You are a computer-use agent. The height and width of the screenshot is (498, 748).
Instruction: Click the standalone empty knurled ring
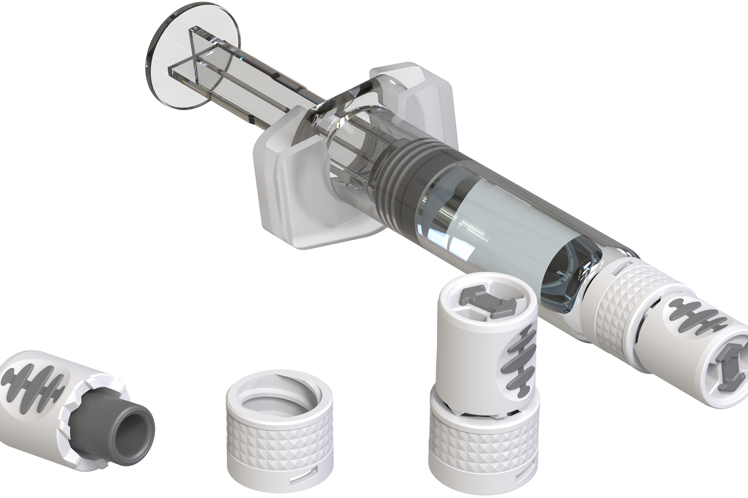279,441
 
